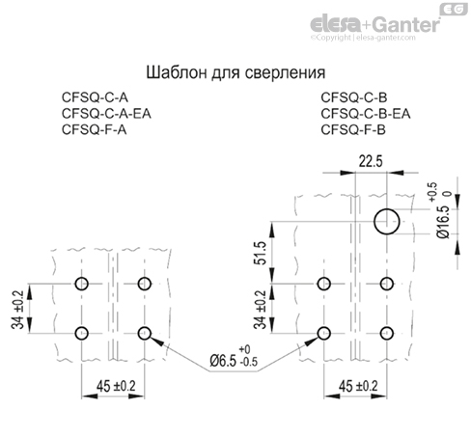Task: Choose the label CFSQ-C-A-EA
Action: coord(107,113)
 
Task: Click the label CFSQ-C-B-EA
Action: coord(366,113)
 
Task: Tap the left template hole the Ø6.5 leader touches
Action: coord(145,333)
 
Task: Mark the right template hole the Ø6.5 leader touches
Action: coord(323,333)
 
